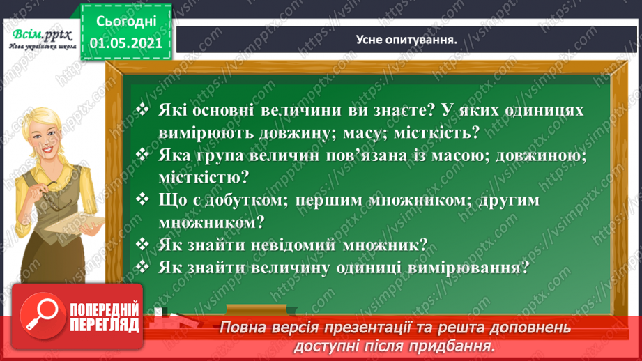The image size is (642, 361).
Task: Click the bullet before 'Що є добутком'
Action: pyautogui.click(x=143, y=199)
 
